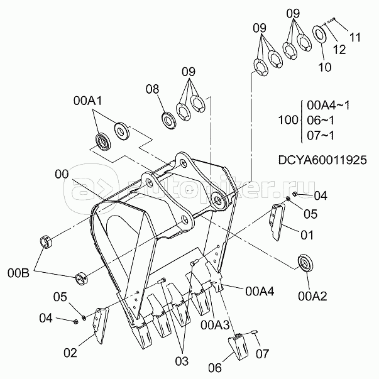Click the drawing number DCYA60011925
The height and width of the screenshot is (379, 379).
(322, 160)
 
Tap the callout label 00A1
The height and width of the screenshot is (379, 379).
(88, 101)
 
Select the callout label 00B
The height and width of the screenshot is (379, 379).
(18, 273)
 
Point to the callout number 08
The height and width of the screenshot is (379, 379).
(152, 89)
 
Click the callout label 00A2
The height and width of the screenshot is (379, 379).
(312, 296)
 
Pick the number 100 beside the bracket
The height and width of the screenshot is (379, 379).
(288, 120)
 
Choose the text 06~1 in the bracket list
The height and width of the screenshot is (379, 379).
(321, 120)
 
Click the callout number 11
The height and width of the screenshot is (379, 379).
(355, 38)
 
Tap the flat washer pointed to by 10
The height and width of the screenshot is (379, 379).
(320, 33)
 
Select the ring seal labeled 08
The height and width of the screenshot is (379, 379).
(168, 120)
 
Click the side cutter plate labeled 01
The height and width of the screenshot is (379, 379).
(277, 222)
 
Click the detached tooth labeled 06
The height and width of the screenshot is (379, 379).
(238, 346)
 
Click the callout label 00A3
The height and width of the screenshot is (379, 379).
(215, 326)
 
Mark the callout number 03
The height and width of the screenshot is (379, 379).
(182, 361)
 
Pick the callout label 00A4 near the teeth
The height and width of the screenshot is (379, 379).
(260, 292)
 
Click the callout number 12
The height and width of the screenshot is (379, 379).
(340, 50)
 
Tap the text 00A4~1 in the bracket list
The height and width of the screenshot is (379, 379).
(328, 106)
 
